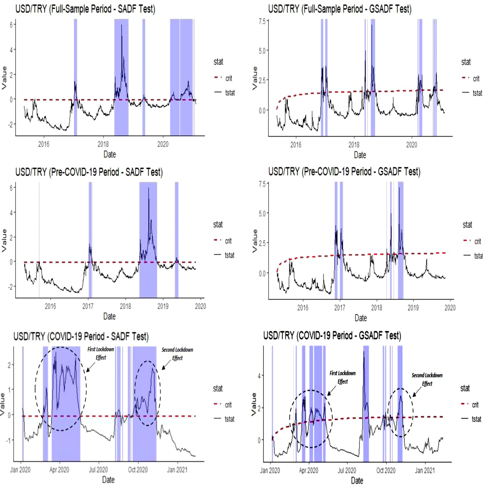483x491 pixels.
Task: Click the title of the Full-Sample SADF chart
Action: point(85,9)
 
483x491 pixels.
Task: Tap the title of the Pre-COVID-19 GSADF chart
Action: point(344,172)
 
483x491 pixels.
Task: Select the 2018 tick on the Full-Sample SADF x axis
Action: point(103,144)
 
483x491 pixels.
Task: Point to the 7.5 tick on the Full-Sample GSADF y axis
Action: point(262,21)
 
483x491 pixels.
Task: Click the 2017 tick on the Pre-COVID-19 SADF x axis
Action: point(88,306)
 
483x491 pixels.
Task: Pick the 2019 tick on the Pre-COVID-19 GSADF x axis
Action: point(413,308)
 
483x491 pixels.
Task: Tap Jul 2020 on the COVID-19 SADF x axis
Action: point(98,470)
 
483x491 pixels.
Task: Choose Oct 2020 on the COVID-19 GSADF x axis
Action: point(386,471)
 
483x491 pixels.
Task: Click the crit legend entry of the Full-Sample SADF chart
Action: point(228,78)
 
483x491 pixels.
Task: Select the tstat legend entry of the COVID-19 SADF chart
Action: point(229,419)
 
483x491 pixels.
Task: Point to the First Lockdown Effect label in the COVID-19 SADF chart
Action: point(101,353)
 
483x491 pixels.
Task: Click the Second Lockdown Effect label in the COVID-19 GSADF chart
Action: point(427,379)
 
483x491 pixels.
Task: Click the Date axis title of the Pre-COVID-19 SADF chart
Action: point(109,317)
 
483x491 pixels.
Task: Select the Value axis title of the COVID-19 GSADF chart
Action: point(254,404)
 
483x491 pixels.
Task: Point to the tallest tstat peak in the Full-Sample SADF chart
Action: point(121,25)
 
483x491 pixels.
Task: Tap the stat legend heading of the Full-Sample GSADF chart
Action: point(466,62)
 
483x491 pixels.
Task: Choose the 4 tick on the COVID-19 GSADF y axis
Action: point(259,376)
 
